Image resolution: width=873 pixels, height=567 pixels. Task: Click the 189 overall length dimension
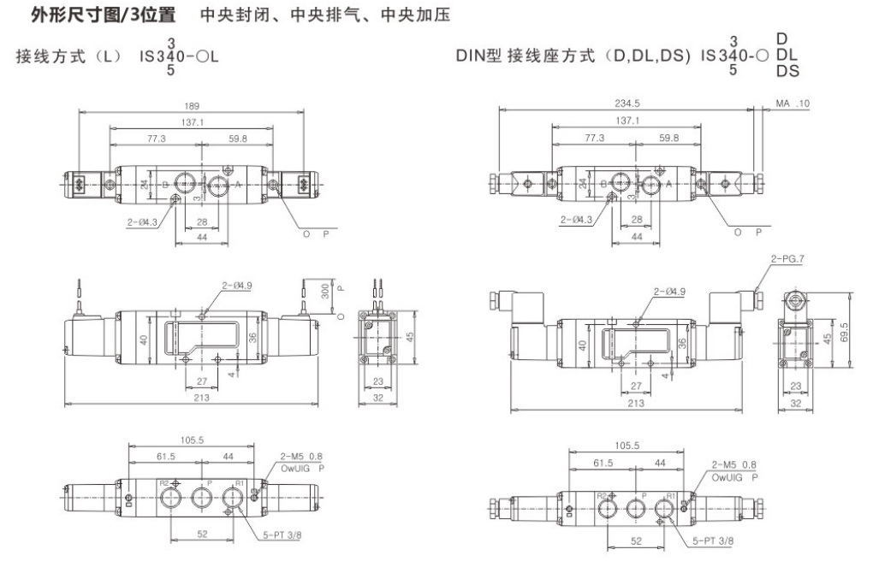click(x=191, y=106)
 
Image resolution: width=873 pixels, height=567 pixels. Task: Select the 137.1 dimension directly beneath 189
click(x=192, y=121)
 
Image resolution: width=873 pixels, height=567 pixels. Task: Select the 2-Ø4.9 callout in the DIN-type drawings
click(x=669, y=292)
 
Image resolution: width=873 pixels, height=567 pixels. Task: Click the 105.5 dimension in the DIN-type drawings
click(x=627, y=446)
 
